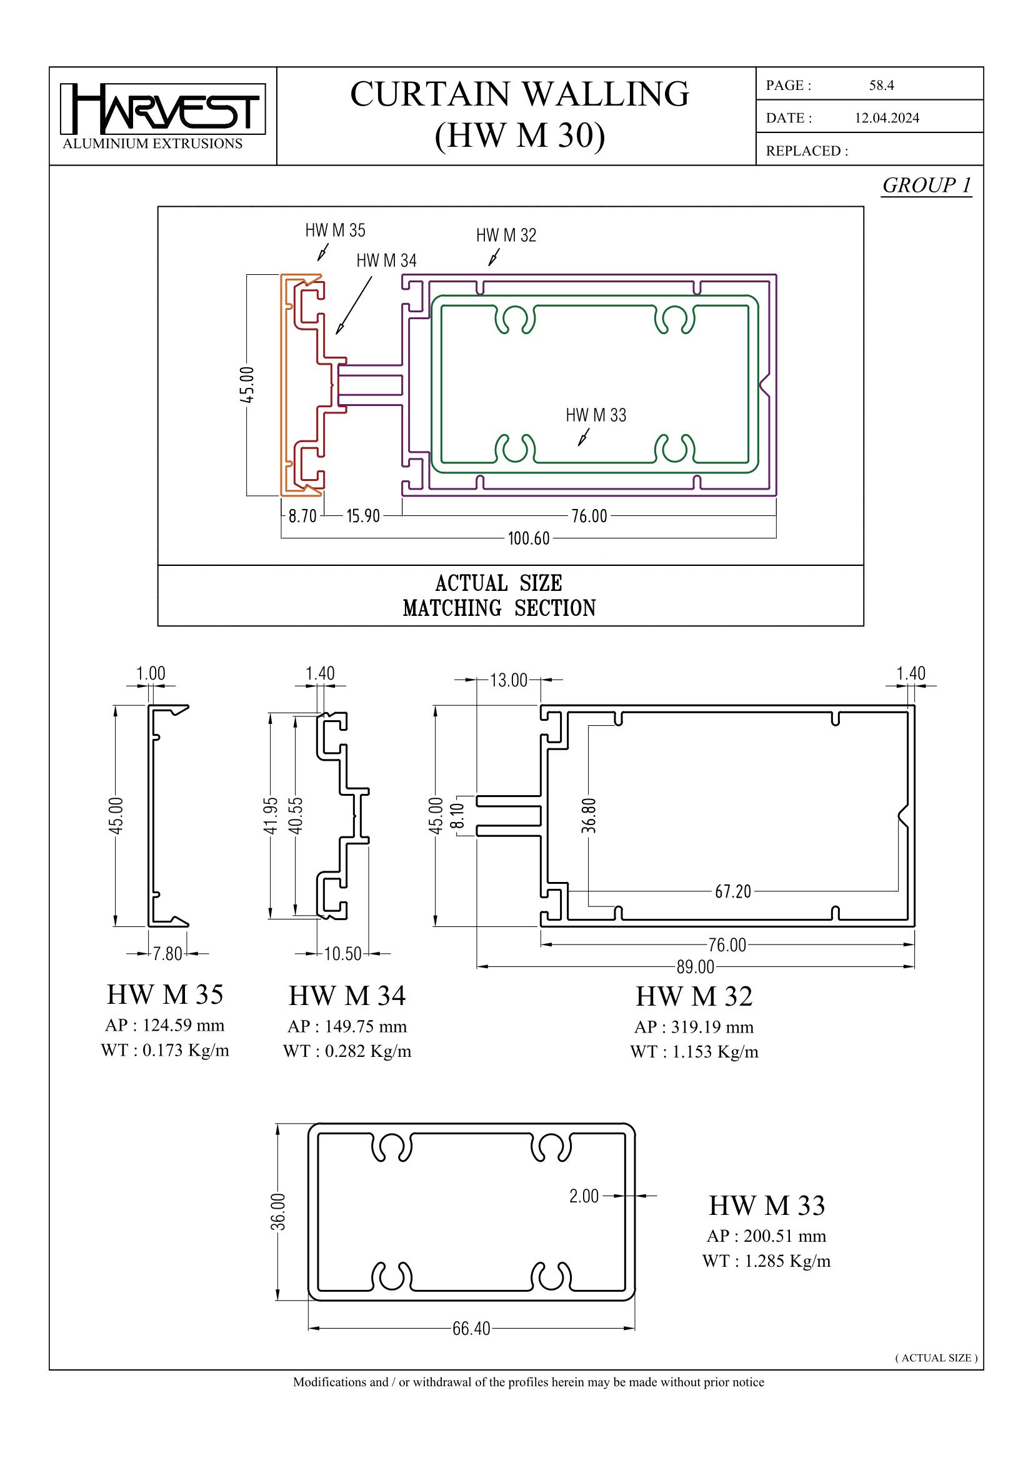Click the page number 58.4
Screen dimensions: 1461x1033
[x=881, y=86]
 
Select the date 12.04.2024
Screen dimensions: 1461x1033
[x=886, y=117]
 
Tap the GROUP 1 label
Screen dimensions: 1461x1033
[x=926, y=185]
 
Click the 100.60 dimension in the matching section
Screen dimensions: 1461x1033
[x=527, y=538]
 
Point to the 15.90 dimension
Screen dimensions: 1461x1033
[x=363, y=515]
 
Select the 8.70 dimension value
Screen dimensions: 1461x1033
[x=302, y=515]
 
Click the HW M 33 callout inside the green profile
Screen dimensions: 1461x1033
[x=596, y=415]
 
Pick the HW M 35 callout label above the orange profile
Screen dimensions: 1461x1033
[x=335, y=230]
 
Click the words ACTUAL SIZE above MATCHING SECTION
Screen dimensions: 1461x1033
[x=498, y=583]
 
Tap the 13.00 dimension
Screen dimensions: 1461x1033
[x=508, y=680]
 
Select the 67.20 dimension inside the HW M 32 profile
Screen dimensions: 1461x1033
[x=732, y=891]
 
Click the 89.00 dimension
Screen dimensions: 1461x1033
[x=695, y=966]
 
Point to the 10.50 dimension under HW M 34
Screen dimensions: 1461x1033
[x=342, y=953]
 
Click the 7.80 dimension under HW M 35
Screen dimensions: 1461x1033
[x=167, y=953]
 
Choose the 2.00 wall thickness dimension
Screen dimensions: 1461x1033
[x=584, y=1196]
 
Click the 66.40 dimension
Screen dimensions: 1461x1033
[x=471, y=1329]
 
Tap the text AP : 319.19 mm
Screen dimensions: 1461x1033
[x=693, y=1026]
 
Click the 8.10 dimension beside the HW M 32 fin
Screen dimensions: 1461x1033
[x=457, y=816]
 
